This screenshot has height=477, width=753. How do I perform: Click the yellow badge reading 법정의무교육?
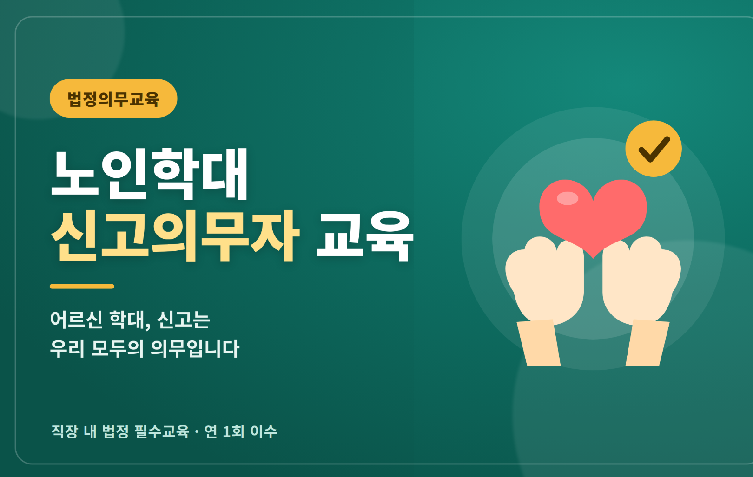113,98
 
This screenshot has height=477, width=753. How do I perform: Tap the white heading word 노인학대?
149,174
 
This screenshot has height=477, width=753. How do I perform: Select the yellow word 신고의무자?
175,236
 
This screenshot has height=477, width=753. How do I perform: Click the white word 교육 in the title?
365,236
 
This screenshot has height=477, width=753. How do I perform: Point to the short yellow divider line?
82,286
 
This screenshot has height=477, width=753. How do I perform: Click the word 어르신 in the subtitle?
76,319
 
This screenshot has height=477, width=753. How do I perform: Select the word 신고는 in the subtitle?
184,319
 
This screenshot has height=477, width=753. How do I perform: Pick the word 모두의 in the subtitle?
117,348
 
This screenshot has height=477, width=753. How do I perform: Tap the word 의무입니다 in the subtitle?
195,348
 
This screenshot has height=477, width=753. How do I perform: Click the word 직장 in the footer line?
65,431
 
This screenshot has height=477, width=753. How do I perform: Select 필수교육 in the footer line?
162,431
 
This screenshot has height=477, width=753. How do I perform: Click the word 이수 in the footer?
264,431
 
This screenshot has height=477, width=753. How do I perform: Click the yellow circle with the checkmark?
654,149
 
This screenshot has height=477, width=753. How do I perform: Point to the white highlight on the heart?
568,198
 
